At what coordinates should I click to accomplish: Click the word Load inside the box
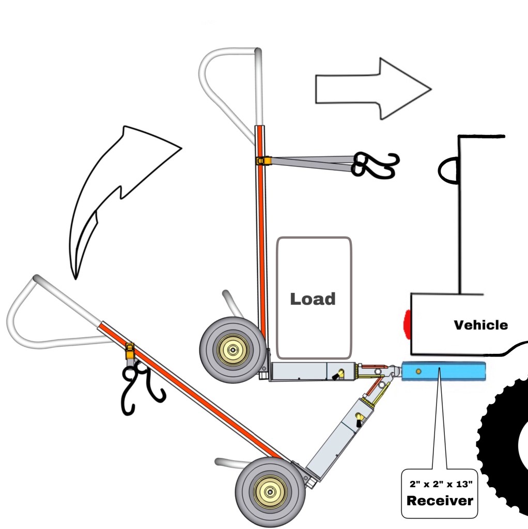(313, 299)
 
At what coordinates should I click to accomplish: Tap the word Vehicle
(480, 325)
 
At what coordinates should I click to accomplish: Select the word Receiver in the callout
(440, 500)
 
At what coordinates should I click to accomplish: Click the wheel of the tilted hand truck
(268, 491)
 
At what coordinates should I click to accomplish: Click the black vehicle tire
(504, 444)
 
